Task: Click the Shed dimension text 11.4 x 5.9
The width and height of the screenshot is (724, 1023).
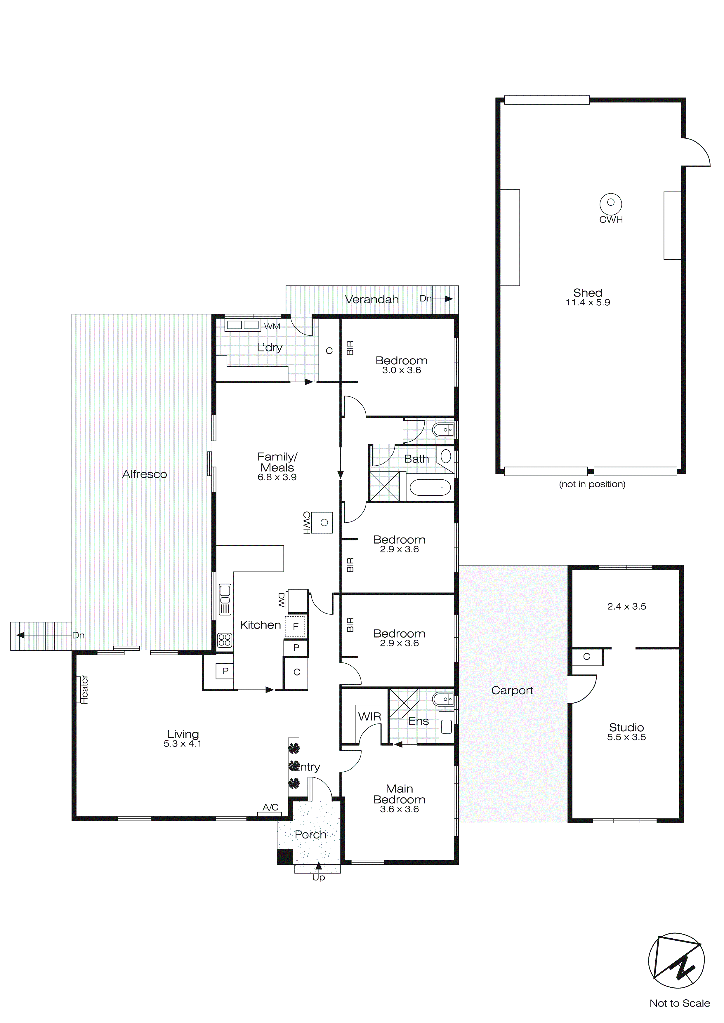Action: click(588, 302)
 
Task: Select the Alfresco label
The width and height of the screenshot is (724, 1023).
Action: click(145, 474)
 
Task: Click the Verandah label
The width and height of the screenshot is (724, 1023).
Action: click(371, 300)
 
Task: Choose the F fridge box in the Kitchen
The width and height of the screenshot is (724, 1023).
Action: click(295, 627)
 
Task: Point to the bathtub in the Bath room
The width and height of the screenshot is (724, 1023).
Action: click(430, 488)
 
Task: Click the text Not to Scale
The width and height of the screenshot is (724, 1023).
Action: click(679, 1003)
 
